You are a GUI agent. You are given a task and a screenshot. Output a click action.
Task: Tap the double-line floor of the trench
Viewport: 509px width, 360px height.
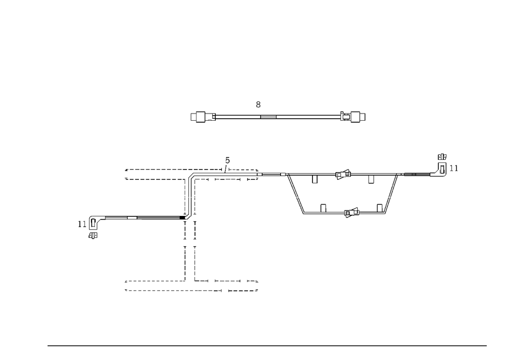pyautogui.click(x=323, y=214)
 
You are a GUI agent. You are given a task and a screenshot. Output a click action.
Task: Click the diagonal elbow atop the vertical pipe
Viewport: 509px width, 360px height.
pyautogui.click(x=190, y=174)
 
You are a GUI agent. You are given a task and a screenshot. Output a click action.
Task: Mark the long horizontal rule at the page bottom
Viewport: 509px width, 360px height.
pyautogui.click(x=267, y=345)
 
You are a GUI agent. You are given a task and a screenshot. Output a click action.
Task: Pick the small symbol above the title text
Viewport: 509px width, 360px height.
pyautogui.click(x=259, y=105)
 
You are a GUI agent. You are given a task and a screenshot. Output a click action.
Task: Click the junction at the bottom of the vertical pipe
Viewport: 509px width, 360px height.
pyautogui.click(x=189, y=218)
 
